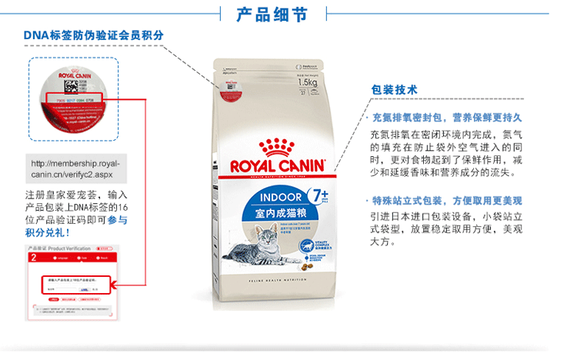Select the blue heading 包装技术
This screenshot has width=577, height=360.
click(x=394, y=90)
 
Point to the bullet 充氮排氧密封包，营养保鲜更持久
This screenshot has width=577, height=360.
click(x=447, y=118)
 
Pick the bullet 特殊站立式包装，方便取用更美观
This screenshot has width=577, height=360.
click(x=447, y=201)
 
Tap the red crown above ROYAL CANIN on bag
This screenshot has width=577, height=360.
click(x=278, y=145)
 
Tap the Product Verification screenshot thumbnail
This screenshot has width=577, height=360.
click(x=74, y=285)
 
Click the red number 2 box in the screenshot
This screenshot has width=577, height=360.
click(x=33, y=258)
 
